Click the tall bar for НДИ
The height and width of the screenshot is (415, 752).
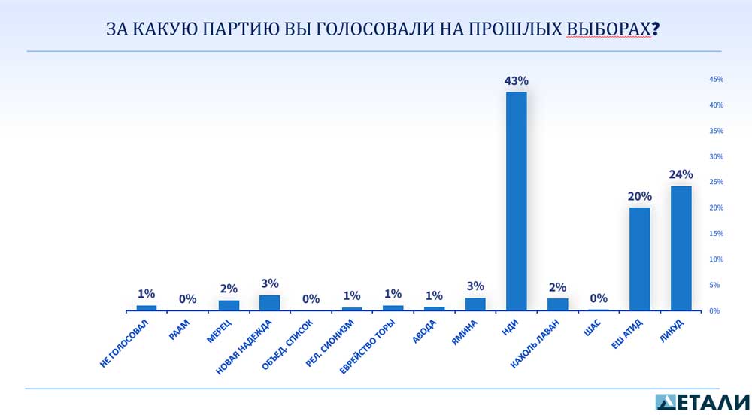(x=516, y=201)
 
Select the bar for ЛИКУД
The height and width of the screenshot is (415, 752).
(x=681, y=248)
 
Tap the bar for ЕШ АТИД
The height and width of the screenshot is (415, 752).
(x=639, y=259)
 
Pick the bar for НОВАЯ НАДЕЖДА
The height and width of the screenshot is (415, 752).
(x=269, y=303)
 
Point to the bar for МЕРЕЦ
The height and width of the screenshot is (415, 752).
(x=229, y=305)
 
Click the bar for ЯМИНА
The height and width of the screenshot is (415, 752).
(x=475, y=304)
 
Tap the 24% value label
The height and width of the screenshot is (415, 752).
(x=681, y=175)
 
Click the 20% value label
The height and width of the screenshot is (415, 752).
(x=640, y=196)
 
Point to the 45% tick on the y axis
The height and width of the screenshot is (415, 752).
(x=716, y=79)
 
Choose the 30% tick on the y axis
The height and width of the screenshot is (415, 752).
(x=716, y=156)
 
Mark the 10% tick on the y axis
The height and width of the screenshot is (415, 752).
(x=716, y=259)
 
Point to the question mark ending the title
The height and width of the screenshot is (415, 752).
(x=655, y=29)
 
